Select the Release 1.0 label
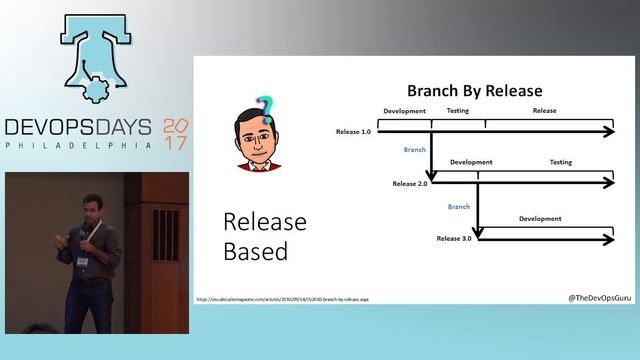pos(354,132)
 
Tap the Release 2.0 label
pos(410,184)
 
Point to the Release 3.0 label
pos(454,239)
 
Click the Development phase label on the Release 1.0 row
pos(404,111)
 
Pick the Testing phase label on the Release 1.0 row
pos(458,111)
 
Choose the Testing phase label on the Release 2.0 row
pos(560,162)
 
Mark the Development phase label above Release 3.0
pos(540,218)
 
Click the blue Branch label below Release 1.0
pos(415,149)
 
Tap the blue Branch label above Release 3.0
pos(459,206)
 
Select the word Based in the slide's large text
pos(255,250)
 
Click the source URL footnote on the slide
pos(282,299)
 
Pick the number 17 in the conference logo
pos(175,143)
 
